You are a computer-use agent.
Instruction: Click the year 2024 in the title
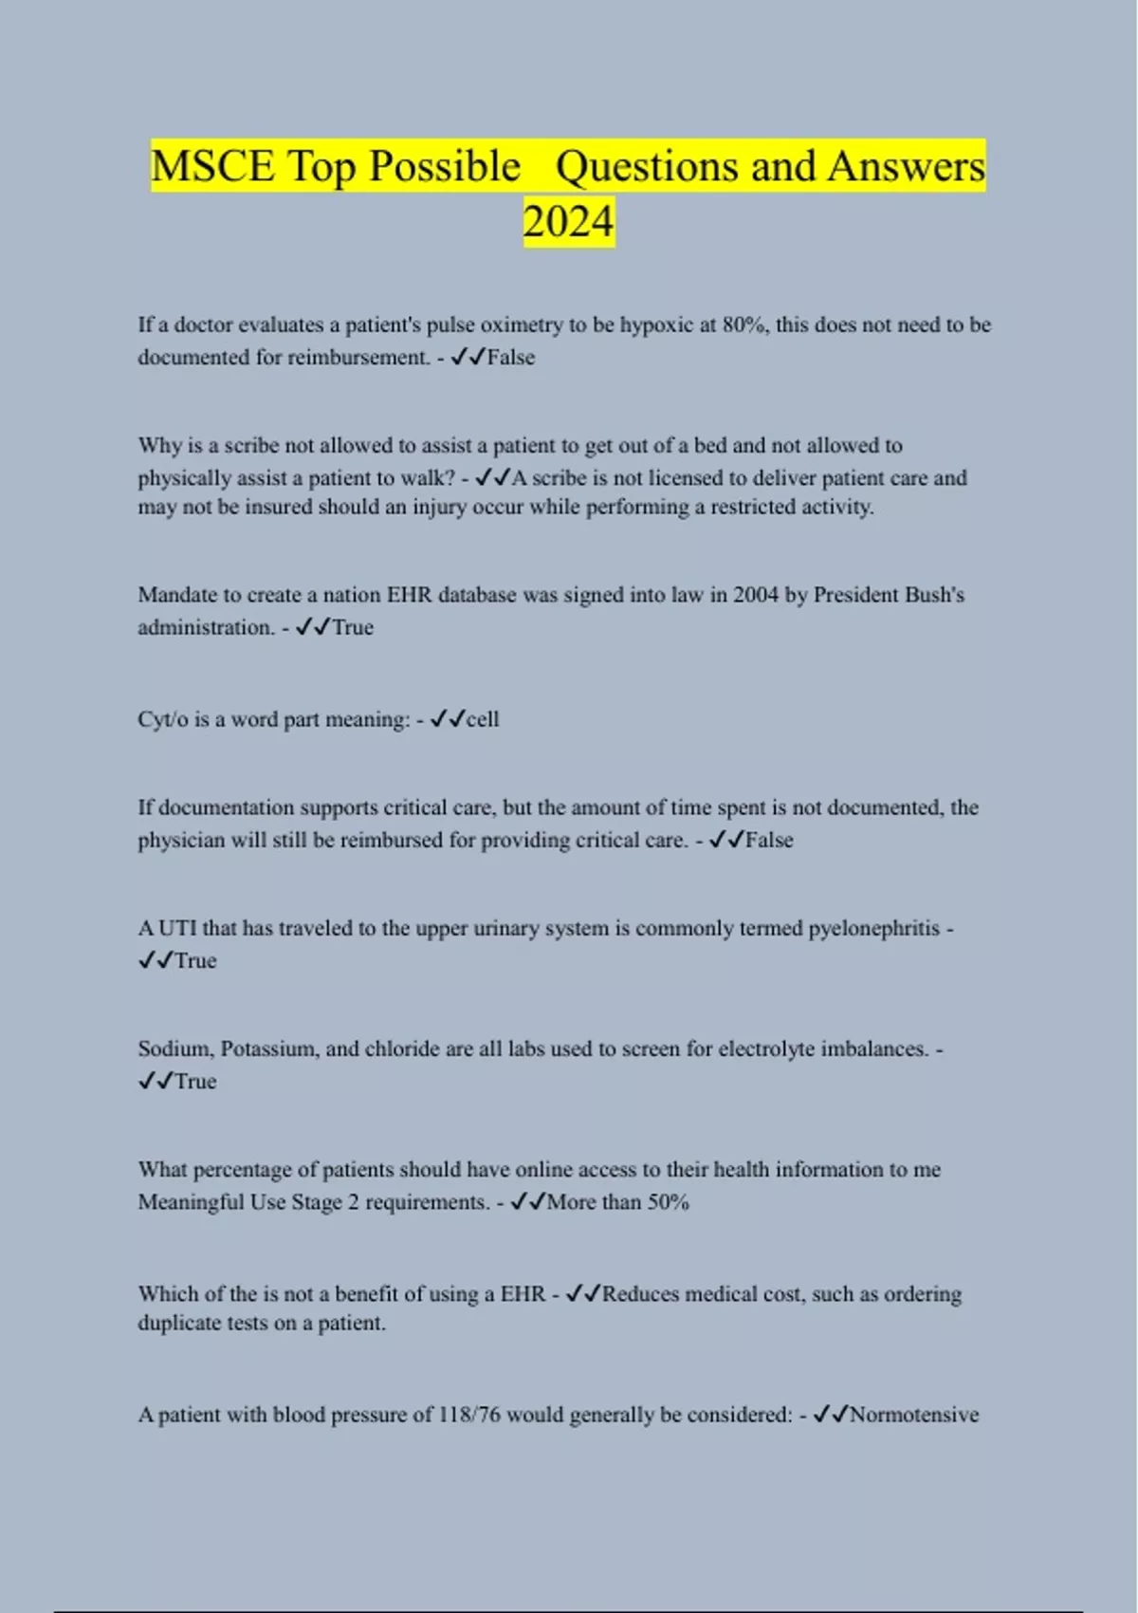click(568, 222)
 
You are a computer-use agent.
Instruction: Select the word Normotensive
click(914, 1415)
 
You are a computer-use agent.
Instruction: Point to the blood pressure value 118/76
click(468, 1415)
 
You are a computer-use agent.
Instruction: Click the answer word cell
click(483, 719)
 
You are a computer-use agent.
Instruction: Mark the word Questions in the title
click(646, 166)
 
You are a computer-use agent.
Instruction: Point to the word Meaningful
click(192, 1202)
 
